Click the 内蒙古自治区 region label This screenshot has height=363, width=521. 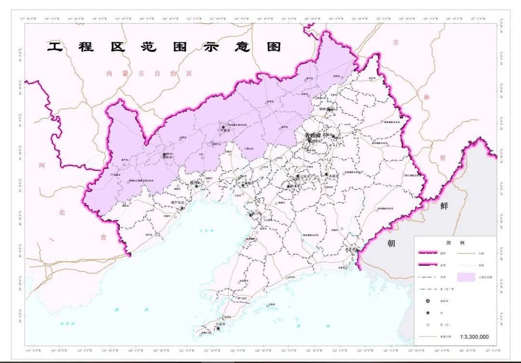tap(149, 73)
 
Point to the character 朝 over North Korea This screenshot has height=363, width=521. tap(391, 243)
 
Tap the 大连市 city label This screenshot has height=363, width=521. tap(221, 324)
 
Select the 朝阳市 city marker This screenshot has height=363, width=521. tap(165, 155)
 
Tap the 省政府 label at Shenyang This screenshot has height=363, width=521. tap(312, 135)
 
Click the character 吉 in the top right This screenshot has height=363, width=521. tap(396, 42)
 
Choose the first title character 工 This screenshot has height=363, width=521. tap(55, 47)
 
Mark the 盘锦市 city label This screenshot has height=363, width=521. tap(249, 183)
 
